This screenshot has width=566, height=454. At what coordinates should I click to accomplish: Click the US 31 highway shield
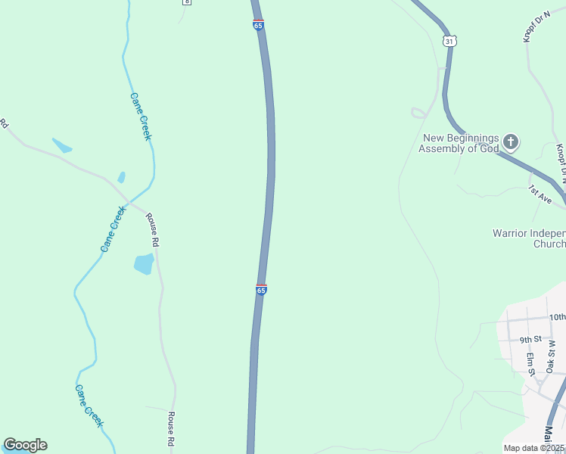pyautogui.click(x=449, y=41)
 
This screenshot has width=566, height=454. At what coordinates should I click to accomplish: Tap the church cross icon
pyautogui.click(x=511, y=141)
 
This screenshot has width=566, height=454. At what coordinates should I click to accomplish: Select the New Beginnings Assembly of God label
pyautogui.click(x=460, y=143)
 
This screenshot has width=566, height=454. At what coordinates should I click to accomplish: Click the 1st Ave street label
pyautogui.click(x=540, y=194)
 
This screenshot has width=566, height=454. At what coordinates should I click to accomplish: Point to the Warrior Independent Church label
pyautogui.click(x=529, y=238)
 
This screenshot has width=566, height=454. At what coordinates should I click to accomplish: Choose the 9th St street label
pyautogui.click(x=531, y=340)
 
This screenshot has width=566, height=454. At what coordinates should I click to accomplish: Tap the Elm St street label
pyautogui.click(x=531, y=362)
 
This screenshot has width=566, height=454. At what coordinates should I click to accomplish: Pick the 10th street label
pyautogui.click(x=557, y=317)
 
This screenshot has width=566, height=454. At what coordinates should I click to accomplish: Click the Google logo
pyautogui.click(x=25, y=445)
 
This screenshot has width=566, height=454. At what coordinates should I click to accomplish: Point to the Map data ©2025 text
pyautogui.click(x=534, y=448)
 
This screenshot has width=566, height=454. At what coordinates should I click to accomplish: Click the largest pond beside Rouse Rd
pyautogui.click(x=144, y=264)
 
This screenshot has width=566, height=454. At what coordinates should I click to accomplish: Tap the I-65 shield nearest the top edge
pyautogui.click(x=259, y=24)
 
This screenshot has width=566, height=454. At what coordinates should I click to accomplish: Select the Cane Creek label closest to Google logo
pyautogui.click(x=89, y=406)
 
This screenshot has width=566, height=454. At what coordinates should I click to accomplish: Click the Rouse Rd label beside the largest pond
pyautogui.click(x=154, y=232)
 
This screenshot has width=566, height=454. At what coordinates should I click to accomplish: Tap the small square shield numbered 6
pyautogui.click(x=186, y=2)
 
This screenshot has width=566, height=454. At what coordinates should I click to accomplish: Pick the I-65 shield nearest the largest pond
pyautogui.click(x=261, y=290)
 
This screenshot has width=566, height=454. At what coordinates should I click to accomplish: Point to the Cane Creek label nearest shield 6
pyautogui.click(x=141, y=117)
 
